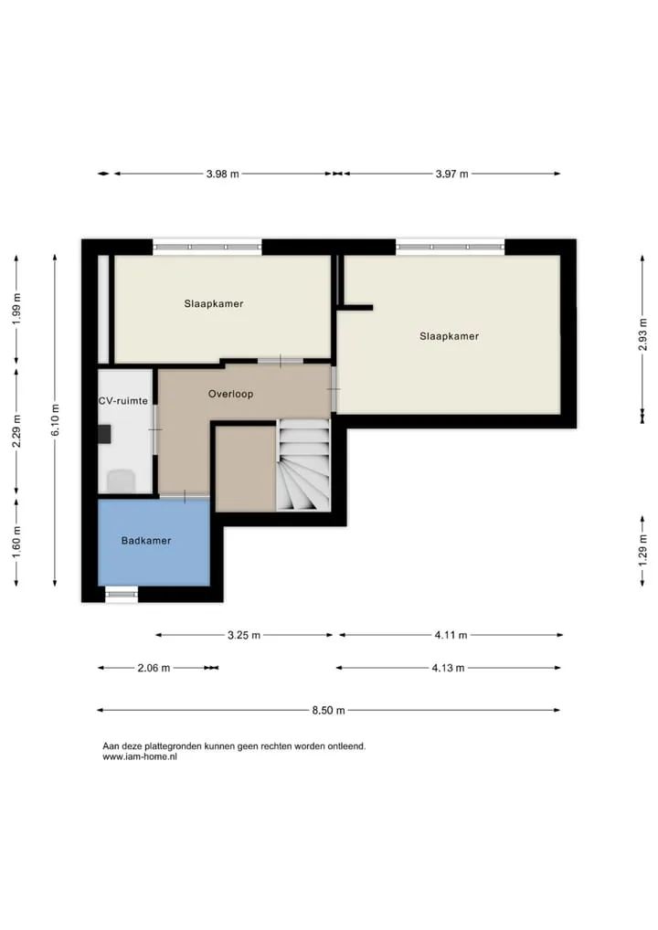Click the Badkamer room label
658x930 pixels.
[x=146, y=540]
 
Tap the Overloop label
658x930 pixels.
[x=231, y=394]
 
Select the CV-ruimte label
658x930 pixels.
[x=122, y=401]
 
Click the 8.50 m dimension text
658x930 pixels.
[x=329, y=710]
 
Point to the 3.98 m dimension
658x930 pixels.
[x=222, y=174]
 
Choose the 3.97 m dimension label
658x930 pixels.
[x=451, y=174]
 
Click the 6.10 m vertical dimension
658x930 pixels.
[x=55, y=420]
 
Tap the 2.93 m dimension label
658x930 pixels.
[x=642, y=334]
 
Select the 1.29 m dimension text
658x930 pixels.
[x=642, y=550]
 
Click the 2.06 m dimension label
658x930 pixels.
[x=154, y=668]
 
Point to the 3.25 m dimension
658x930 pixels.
[x=244, y=635]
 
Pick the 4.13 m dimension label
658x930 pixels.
[x=448, y=668]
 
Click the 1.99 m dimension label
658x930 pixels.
[x=16, y=309]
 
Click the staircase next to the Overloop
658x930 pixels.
[x=303, y=464]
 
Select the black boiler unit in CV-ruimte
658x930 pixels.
[x=104, y=434]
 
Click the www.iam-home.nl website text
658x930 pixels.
[x=140, y=756]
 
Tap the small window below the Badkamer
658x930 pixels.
[x=122, y=594]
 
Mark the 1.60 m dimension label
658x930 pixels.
[x=16, y=542]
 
